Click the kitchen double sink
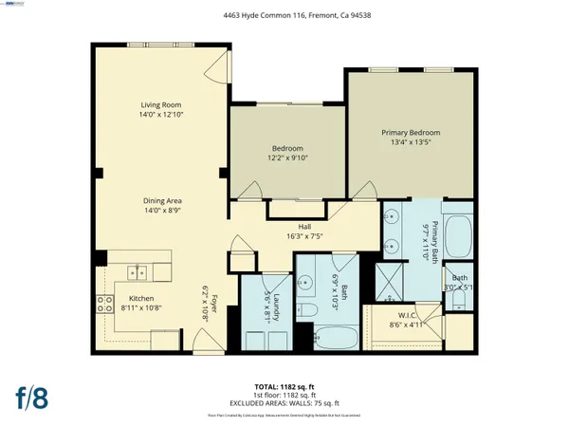pyautogui.click(x=138, y=273)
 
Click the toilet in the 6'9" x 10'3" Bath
pyautogui.click(x=306, y=310)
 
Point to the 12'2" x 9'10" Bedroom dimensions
pyautogui.click(x=287, y=158)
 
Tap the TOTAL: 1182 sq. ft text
pyautogui.click(x=284, y=387)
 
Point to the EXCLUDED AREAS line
pyautogui.click(x=284, y=402)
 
